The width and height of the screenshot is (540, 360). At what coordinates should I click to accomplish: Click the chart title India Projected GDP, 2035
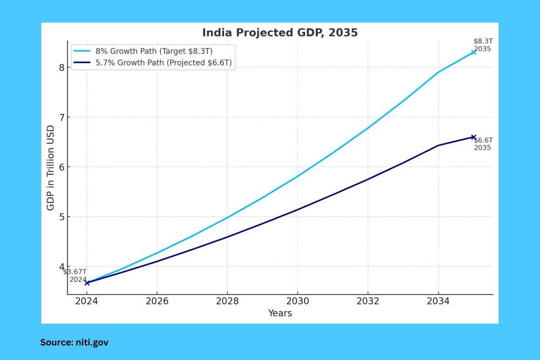click(280, 32)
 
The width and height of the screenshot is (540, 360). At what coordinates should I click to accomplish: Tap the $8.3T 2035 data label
click(483, 45)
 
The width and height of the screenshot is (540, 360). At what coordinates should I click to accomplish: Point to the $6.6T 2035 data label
click(483, 144)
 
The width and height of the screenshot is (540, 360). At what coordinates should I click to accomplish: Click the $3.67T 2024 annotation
click(75, 275)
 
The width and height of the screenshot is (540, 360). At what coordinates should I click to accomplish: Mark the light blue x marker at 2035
click(474, 52)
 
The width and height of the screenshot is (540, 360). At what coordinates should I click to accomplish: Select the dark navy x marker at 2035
click(474, 137)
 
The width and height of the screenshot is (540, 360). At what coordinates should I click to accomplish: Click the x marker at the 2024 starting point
click(87, 283)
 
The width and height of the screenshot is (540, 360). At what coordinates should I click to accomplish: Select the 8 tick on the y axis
click(62, 67)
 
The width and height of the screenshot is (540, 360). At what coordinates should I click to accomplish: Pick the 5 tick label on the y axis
click(62, 217)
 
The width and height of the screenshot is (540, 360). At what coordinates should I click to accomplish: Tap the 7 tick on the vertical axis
click(62, 117)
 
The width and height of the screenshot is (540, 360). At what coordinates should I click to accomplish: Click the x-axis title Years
click(280, 313)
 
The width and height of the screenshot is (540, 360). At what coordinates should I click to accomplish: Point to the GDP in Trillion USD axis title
click(51, 167)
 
